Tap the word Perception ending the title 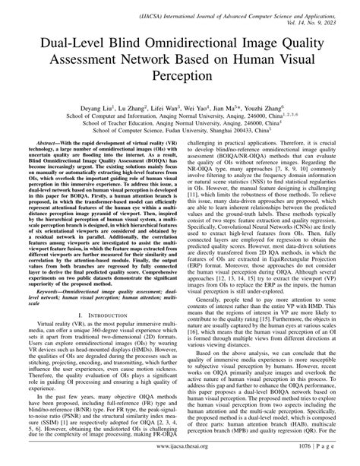(180, 76)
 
